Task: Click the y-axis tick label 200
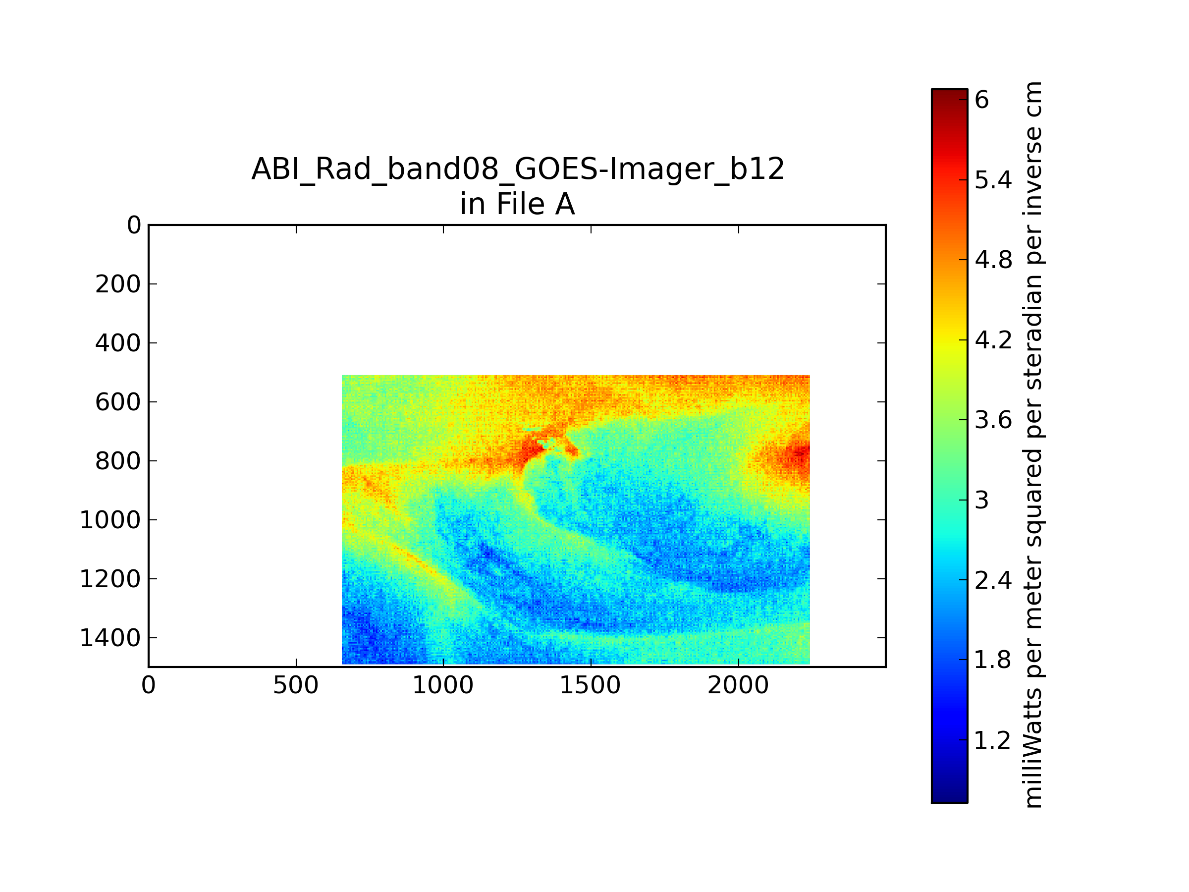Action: click(x=118, y=284)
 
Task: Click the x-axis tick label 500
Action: click(x=296, y=685)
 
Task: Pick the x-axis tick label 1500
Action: click(x=590, y=685)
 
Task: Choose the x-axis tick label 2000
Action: click(x=738, y=685)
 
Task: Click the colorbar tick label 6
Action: click(x=981, y=100)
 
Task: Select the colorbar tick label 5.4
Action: click(x=993, y=180)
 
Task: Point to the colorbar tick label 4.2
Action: click(x=993, y=340)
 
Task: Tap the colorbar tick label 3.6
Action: click(x=993, y=420)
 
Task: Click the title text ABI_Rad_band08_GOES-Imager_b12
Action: click(x=518, y=169)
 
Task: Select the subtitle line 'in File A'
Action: click(x=518, y=204)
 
